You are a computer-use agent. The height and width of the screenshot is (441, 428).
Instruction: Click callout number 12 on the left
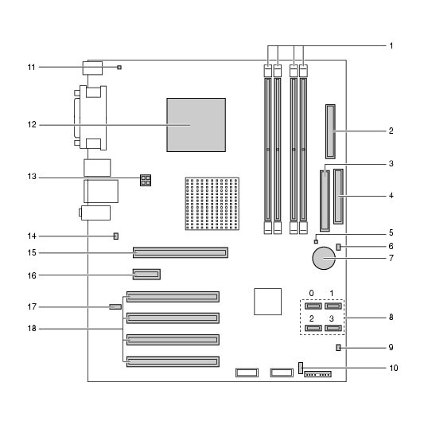coord(32,125)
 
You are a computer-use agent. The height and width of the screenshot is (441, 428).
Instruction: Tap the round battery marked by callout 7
coord(324,258)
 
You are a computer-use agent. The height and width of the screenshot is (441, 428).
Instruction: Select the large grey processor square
coord(196,125)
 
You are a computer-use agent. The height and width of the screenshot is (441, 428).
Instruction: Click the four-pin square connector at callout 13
coord(146,180)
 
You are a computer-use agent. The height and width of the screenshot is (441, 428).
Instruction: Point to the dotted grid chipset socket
coord(212,204)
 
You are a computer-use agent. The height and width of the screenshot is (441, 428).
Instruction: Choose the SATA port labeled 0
coord(313,306)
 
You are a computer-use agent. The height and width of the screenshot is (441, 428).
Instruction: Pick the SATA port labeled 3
coord(333,328)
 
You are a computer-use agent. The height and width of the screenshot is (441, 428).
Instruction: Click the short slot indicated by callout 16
coord(146,274)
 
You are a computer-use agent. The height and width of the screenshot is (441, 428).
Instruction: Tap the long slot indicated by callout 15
coord(181,252)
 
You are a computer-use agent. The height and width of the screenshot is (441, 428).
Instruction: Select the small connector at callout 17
coord(115,306)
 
